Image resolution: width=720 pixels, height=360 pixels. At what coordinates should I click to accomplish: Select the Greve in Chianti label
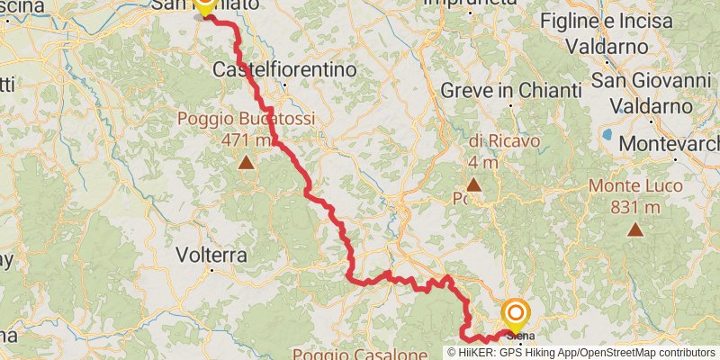tap(508, 90)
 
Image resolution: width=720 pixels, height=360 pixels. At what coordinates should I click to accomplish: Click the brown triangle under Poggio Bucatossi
tap(246, 163)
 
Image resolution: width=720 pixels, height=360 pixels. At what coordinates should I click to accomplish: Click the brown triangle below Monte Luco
tap(635, 229)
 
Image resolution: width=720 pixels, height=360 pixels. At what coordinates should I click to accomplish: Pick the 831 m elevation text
tap(635, 208)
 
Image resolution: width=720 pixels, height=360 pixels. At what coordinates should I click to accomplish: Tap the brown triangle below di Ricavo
tap(473, 184)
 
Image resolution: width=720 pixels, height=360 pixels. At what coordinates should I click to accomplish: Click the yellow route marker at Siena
tap(516, 315)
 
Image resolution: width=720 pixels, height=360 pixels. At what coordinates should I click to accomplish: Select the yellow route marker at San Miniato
tap(203, 5)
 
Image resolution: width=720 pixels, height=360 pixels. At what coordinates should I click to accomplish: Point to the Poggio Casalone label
tap(359, 354)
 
